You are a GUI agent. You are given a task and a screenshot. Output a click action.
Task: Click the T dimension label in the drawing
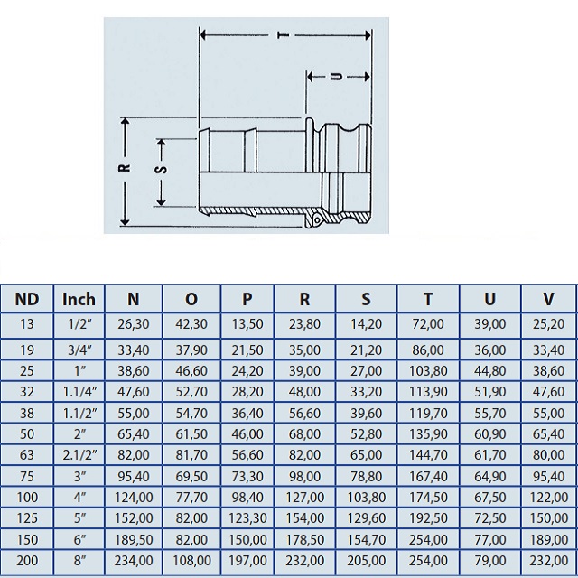283,35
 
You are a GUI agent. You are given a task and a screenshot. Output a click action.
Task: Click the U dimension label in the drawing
336,77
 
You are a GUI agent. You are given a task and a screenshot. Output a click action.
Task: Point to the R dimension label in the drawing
125,168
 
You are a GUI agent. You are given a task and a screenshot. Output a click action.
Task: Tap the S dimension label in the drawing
161,170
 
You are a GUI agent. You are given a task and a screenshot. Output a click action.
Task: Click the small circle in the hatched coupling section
317,220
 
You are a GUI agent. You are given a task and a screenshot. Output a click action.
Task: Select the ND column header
27,299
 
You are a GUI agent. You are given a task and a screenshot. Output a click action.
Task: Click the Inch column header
79,299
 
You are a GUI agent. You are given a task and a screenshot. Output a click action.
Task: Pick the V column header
548,299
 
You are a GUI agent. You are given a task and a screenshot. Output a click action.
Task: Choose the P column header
247,299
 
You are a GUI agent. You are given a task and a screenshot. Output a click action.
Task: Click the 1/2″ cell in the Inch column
79,324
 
